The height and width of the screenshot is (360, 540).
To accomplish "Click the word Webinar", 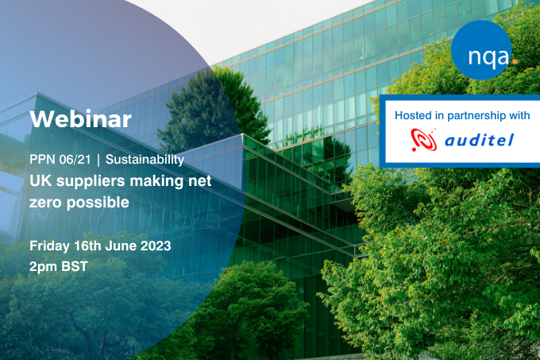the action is pyautogui.click(x=80, y=119).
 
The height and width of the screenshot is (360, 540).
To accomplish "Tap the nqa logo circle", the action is pyautogui.click(x=481, y=50).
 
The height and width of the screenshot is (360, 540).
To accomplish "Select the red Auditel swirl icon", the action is pyautogui.click(x=424, y=140).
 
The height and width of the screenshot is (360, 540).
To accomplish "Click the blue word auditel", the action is pyautogui.click(x=480, y=140).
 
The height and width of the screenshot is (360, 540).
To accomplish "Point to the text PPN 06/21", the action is pyautogui.click(x=60, y=160).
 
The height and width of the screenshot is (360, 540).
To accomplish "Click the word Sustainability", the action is pyautogui.click(x=145, y=160).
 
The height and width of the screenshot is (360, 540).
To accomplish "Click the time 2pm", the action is pyautogui.click(x=44, y=267).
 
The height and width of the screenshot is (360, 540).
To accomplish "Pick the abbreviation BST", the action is pyautogui.click(x=75, y=267).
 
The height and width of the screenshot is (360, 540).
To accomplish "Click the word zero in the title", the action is pyautogui.click(x=46, y=203).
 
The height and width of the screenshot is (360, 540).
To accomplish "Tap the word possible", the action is pyautogui.click(x=98, y=203).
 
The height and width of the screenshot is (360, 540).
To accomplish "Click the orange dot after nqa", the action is pyautogui.click(x=515, y=61).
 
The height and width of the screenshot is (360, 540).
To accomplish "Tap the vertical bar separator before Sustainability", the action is pyautogui.click(x=98, y=160).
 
